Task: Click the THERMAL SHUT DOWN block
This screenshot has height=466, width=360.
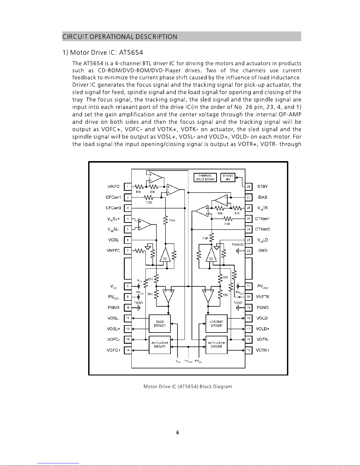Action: tap(205, 178)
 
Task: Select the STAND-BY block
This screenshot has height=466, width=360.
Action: tap(228, 178)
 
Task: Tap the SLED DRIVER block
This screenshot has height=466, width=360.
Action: tap(160, 323)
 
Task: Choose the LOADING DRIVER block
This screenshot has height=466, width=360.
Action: tap(216, 323)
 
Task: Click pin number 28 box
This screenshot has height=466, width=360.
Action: tap(249, 187)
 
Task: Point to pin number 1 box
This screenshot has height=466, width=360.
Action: tap(128, 187)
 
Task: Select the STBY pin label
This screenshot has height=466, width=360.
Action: tap(262, 186)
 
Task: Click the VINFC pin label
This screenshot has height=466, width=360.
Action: tap(113, 186)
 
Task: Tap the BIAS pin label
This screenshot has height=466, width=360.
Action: tap(262, 197)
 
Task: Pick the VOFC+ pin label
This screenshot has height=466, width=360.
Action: tap(113, 350)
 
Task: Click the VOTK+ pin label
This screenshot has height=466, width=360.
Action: tap(262, 350)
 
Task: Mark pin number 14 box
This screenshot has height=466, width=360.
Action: tap(128, 350)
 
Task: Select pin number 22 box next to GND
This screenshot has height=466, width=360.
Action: tap(249, 251)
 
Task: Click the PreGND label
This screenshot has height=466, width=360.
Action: tap(237, 245)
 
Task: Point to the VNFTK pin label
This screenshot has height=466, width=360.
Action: tap(262, 297)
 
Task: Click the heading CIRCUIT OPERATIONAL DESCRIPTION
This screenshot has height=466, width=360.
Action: tap(120, 37)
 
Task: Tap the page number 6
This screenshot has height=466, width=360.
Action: tap(178, 432)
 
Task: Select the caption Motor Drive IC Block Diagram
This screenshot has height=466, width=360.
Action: tap(188, 387)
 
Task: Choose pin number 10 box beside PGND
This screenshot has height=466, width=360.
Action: tap(128, 308)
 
